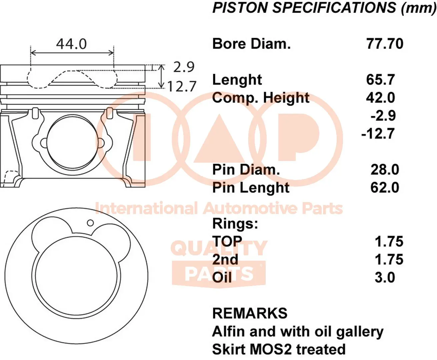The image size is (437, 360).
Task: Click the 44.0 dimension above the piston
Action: pyautogui.click(x=71, y=44)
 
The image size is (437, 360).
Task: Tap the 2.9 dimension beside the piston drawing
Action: pyautogui.click(x=184, y=67)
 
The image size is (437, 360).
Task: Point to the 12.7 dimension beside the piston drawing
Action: pyautogui.click(x=182, y=87)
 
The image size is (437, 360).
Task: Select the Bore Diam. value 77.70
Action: pyautogui.click(x=385, y=44)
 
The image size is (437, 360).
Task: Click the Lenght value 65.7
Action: pyautogui.click(x=380, y=80)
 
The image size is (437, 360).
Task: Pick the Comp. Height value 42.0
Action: pyautogui.click(x=380, y=98)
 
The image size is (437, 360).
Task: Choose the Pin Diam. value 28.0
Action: pyautogui.click(x=385, y=170)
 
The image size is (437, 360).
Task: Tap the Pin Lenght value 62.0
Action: pyautogui.click(x=385, y=188)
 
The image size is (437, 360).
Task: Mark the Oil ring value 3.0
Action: pyautogui.click(x=385, y=277)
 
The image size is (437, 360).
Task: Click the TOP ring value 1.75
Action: pyautogui.click(x=389, y=242)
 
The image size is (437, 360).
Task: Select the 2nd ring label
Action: pyautogui.click(x=225, y=260)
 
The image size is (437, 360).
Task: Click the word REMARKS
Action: pyautogui.click(x=250, y=313)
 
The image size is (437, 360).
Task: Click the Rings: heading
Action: pyautogui.click(x=235, y=224)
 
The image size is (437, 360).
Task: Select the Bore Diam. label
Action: pyautogui.click(x=251, y=44)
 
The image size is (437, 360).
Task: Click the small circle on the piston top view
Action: pyautogui.click(x=90, y=223)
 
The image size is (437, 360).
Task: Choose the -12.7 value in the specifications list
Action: pyautogui.click(x=378, y=134)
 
